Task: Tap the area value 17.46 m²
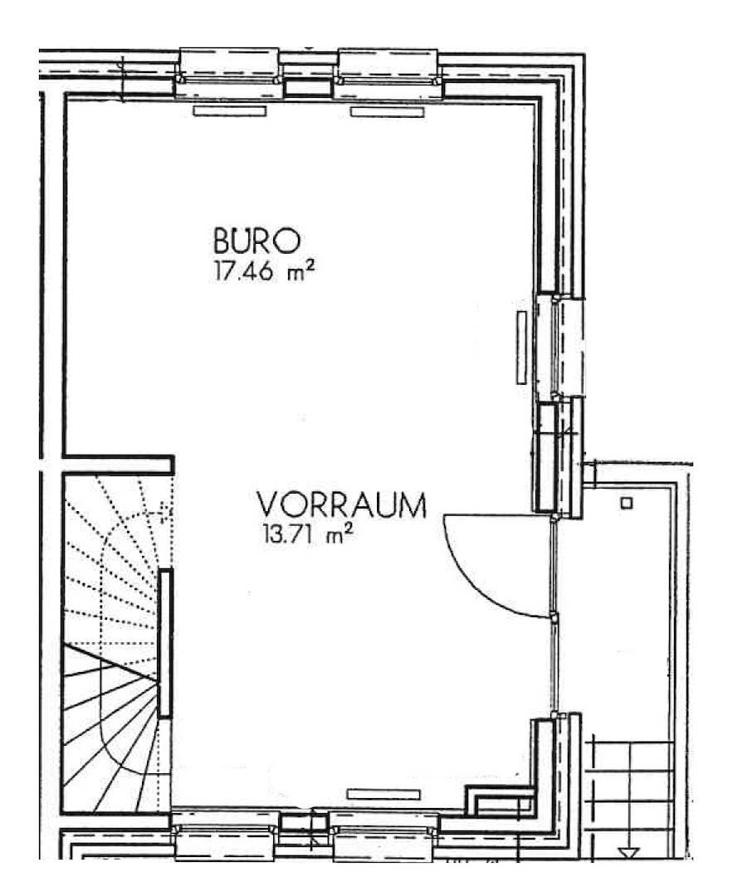264,270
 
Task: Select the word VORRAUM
342,504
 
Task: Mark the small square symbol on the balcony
628,503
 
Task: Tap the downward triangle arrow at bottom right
629,853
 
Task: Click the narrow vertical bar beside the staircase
165,643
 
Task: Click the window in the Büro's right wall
560,348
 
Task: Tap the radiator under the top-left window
230,111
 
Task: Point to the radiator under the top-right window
388,111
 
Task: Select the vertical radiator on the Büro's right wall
520,347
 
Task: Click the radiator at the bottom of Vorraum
384,794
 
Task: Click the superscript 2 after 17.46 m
311,265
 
